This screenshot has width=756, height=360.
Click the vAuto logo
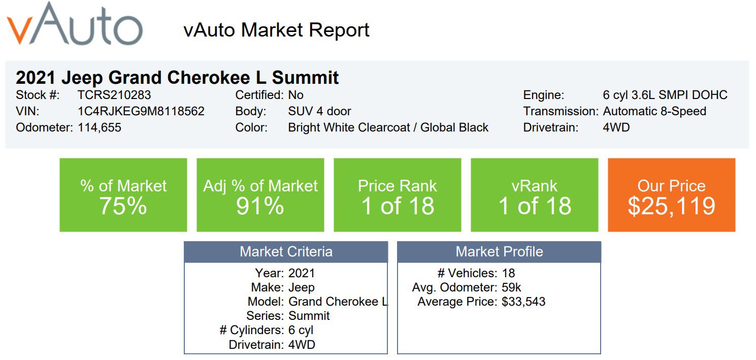click(x=75, y=24)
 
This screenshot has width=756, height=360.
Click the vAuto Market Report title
click(x=276, y=30)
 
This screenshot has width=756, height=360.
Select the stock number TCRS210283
click(x=114, y=95)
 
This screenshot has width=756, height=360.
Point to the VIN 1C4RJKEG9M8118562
click(x=141, y=111)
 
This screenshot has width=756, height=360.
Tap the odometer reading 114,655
click(x=100, y=127)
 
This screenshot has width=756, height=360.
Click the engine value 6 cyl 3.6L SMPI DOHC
click(x=665, y=95)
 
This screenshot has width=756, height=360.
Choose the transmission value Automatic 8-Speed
click(x=654, y=111)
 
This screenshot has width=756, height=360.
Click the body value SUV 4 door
click(x=319, y=111)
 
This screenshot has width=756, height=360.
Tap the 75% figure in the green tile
click(x=123, y=206)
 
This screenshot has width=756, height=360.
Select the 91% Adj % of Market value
click(x=260, y=206)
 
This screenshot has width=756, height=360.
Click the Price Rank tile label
click(x=397, y=186)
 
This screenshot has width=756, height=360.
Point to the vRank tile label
click(x=534, y=186)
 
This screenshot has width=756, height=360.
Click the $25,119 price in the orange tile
click(x=671, y=206)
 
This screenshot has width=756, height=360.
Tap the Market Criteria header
click(x=286, y=252)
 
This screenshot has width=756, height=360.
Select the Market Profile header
click(x=499, y=252)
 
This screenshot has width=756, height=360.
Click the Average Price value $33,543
click(x=523, y=302)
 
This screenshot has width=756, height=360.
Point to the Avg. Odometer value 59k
click(x=511, y=287)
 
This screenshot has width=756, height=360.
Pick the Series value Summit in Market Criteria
click(x=309, y=316)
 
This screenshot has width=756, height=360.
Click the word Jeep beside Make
click(x=302, y=287)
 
